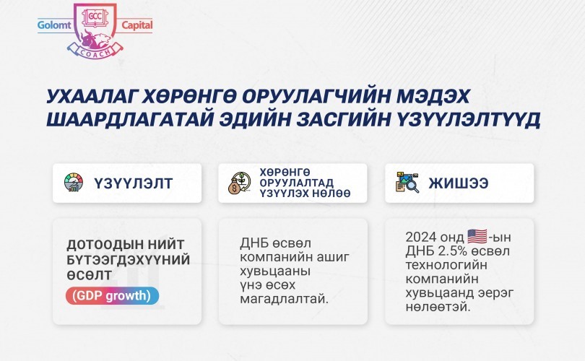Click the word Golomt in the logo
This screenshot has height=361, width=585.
[x=54, y=25]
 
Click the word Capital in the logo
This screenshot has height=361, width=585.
[x=137, y=25]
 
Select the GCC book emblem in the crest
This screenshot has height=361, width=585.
[x=95, y=17]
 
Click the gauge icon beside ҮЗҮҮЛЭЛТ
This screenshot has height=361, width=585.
[x=74, y=183]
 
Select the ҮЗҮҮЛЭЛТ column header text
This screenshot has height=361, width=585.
[x=133, y=183]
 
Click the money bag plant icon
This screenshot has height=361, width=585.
[x=239, y=183]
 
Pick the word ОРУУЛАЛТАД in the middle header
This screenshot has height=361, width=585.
[x=297, y=183]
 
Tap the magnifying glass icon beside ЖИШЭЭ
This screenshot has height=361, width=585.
[x=407, y=183]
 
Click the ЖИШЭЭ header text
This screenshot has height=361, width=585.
[x=459, y=183]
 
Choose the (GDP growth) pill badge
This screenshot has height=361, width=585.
[x=112, y=296]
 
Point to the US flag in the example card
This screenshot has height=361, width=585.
[x=477, y=236]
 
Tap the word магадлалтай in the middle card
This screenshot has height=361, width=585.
[x=285, y=299]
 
